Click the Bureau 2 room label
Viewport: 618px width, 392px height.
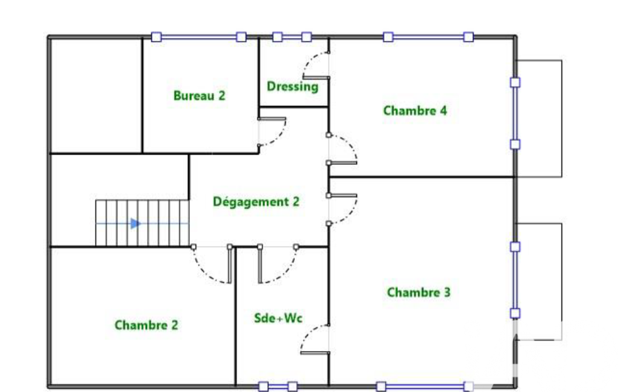200,95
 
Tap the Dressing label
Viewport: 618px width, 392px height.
292,86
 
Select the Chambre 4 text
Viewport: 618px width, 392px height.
415,110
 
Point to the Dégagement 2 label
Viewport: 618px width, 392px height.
256,201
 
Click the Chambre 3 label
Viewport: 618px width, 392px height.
418,292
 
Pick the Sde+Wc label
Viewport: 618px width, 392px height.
279,318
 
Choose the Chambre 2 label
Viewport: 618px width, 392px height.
147,325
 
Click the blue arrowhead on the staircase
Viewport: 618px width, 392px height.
136,224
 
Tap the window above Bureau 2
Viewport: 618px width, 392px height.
198,37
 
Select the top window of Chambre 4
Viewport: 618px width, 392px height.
428,37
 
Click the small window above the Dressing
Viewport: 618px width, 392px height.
292,37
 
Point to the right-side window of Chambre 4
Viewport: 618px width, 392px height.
515,113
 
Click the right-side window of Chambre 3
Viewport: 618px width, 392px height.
515,280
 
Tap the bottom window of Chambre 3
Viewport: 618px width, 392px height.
425,387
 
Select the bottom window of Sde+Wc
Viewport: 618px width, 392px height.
278,387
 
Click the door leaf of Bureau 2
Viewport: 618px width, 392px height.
272,118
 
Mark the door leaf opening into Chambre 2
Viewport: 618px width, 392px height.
230,264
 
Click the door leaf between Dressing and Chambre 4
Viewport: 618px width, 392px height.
316,78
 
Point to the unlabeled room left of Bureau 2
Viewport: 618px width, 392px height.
96,95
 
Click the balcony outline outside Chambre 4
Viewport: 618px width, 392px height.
562,118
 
